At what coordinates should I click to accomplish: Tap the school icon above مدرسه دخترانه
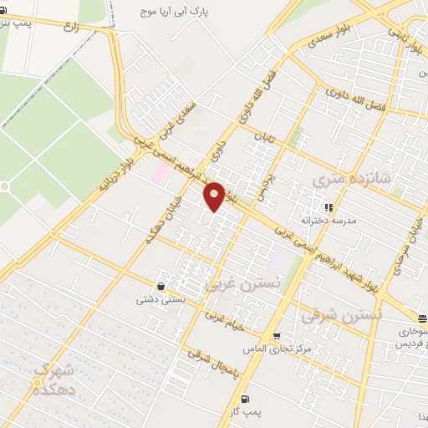click(329, 206)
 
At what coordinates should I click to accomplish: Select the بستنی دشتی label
click(160, 299)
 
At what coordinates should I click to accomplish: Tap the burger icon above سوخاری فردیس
click(422, 318)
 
